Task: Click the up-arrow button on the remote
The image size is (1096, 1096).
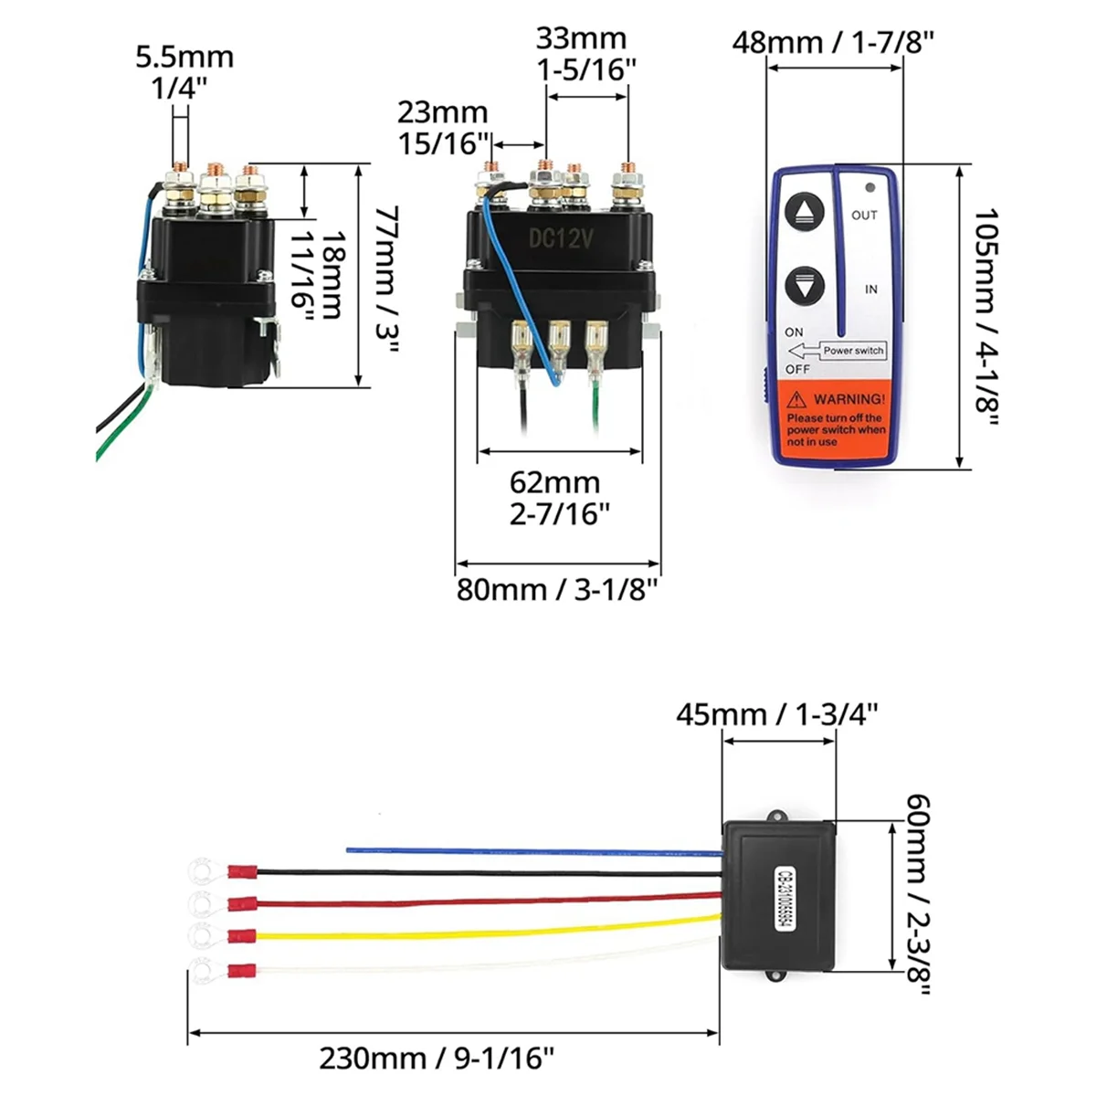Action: (805, 212)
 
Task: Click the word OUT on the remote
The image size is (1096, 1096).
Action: (864, 216)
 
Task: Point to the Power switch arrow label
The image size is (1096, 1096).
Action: (838, 351)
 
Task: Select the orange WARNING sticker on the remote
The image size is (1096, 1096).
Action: (836, 418)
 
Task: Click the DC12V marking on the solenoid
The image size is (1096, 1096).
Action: (561, 239)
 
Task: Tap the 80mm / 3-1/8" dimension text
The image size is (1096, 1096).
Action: (557, 589)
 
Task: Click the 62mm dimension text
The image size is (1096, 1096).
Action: (554, 482)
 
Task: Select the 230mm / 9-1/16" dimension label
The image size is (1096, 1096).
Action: (437, 1059)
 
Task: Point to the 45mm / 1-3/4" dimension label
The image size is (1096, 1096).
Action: (777, 713)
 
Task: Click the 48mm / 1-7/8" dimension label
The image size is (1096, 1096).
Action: (833, 42)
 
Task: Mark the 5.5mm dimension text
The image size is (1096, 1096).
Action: (184, 57)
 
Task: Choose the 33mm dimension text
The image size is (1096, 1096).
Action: (581, 38)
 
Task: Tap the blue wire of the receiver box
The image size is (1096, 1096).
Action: (530, 851)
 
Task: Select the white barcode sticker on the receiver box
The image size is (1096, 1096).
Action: (783, 899)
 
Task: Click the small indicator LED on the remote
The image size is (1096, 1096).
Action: (869, 187)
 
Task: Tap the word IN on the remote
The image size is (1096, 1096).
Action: (871, 289)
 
